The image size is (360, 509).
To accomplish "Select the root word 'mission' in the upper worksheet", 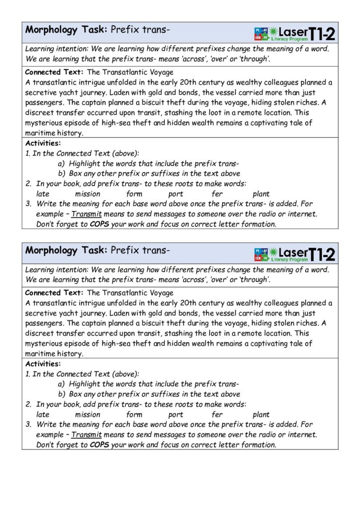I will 88,194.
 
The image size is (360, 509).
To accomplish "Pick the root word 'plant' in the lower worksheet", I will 261,415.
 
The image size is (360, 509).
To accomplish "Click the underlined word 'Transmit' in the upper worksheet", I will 87,214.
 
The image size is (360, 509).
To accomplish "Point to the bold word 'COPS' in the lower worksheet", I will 99,445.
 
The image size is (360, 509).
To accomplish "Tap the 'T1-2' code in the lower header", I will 322,254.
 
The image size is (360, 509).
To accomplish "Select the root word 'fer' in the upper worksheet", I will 217,194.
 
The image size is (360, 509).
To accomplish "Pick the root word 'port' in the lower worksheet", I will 176,415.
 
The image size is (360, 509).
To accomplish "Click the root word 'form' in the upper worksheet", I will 134,194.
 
